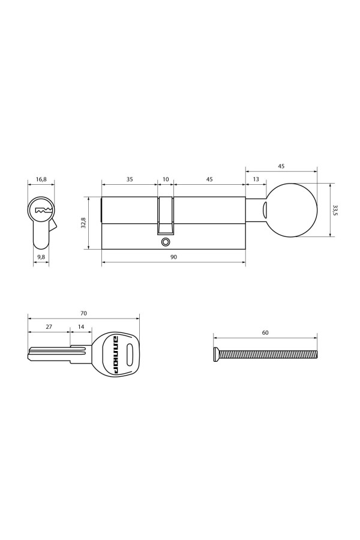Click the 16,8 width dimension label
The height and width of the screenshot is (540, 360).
coord(41,178)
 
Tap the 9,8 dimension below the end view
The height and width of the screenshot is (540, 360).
coord(41,257)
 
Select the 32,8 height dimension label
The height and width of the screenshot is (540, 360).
coord(84,222)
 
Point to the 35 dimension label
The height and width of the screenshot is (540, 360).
coord(130,178)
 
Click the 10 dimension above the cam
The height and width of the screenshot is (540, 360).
coord(166,178)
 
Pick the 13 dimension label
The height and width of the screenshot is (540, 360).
coord(256,178)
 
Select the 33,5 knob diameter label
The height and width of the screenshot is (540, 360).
coord(335,210)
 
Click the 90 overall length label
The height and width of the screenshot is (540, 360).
coord(173,257)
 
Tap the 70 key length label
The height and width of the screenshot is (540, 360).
coord(83,313)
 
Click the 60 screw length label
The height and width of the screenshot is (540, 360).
coord(265,332)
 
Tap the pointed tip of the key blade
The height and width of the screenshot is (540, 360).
coord(29,358)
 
